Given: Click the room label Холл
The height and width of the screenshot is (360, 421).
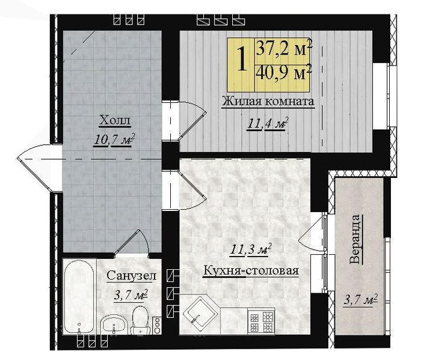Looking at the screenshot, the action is click(x=115, y=120).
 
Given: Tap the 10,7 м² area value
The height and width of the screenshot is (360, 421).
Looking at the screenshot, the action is click(x=114, y=140).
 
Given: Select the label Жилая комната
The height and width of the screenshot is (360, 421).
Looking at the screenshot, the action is click(x=268, y=102).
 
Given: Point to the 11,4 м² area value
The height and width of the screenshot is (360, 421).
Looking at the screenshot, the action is click(x=268, y=124).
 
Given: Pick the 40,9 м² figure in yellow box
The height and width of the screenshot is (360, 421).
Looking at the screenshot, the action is click(x=283, y=72).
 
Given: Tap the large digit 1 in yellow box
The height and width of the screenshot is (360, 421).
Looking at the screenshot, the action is click(x=242, y=59).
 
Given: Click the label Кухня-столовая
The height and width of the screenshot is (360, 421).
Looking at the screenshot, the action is click(x=251, y=270).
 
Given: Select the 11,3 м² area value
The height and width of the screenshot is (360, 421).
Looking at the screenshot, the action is click(x=251, y=250).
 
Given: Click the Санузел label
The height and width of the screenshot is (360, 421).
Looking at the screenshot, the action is click(x=131, y=275).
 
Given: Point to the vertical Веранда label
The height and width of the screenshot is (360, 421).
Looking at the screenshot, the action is click(x=356, y=239).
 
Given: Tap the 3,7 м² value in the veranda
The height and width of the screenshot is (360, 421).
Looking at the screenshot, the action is click(x=361, y=300).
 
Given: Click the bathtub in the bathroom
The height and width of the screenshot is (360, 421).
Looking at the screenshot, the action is click(x=79, y=296).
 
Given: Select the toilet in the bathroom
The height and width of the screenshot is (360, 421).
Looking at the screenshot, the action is click(x=140, y=320).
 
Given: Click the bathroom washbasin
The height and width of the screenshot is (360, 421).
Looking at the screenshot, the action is click(x=114, y=324).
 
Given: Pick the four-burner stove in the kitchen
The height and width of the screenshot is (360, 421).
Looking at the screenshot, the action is click(x=260, y=322).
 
